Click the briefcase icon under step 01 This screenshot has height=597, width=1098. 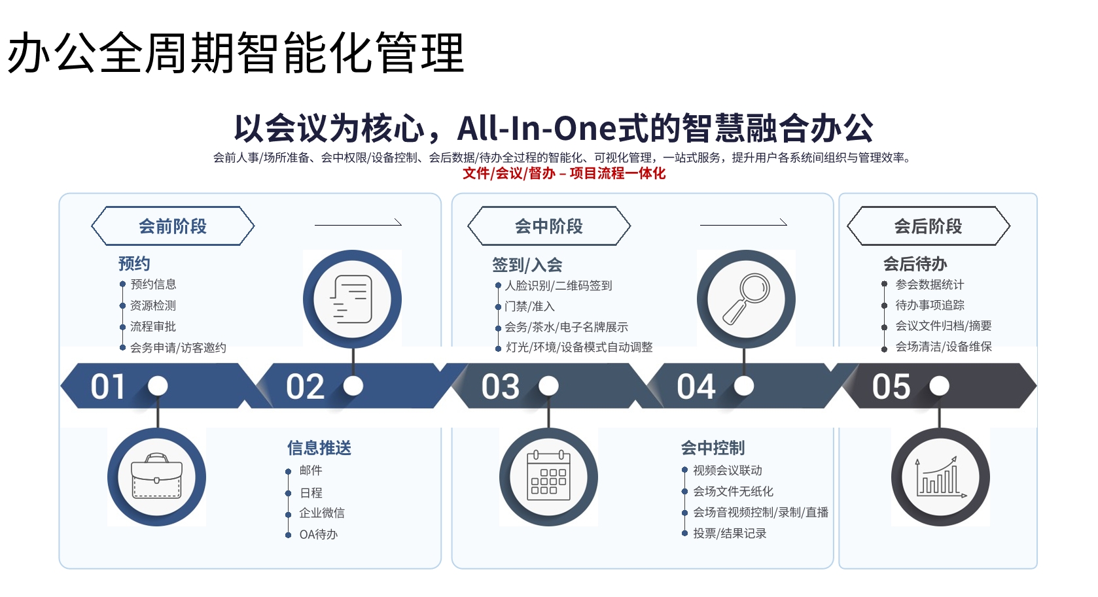coord(156,475)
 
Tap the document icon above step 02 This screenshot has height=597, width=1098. coord(351,299)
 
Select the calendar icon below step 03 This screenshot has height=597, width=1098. coord(548,475)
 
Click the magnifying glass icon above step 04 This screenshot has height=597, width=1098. coord(746,298)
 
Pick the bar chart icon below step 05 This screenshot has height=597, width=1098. coord(940,477)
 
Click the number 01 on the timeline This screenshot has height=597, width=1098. coord(108,386)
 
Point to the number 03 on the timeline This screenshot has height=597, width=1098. coord(500,386)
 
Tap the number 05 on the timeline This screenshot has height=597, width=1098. coord(891,386)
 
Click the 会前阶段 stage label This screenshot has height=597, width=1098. coord(173,226)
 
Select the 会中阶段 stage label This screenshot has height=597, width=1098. coord(548,226)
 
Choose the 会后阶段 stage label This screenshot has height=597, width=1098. coord(928,226)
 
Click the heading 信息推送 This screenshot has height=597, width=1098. coord(319,448)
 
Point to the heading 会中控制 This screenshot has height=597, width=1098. coord(713,448)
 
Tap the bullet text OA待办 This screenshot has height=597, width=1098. coord(319,534)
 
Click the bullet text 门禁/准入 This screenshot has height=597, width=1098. coord(529,307)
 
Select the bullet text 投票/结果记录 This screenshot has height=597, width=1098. coord(730,534)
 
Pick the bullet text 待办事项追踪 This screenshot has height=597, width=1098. coord(930,305)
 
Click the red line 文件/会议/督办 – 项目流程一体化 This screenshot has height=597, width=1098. coord(564,173)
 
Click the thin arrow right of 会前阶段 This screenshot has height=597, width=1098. coord(358,224)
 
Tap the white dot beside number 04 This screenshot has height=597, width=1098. coord(743,386)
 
